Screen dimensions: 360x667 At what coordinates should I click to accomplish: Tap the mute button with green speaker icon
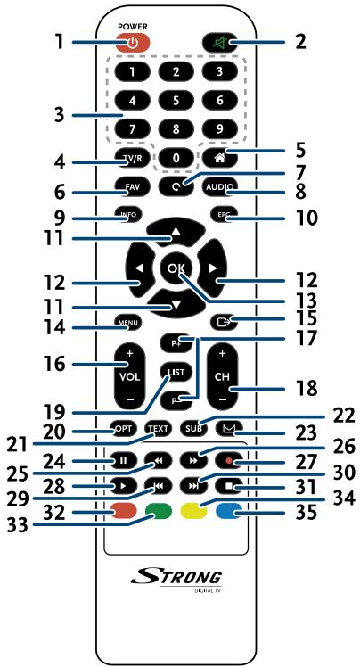tap(220, 43)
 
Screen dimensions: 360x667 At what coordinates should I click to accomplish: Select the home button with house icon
tap(220, 156)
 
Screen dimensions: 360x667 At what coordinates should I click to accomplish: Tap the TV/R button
tap(130, 157)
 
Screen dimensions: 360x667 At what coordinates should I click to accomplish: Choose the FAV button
tap(130, 186)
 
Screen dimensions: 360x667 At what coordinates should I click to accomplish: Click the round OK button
tap(176, 269)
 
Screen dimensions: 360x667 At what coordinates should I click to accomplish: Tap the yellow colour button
tap(192, 509)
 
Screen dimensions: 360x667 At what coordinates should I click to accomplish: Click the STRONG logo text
tap(176, 578)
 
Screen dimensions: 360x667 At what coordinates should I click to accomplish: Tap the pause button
tap(123, 461)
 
